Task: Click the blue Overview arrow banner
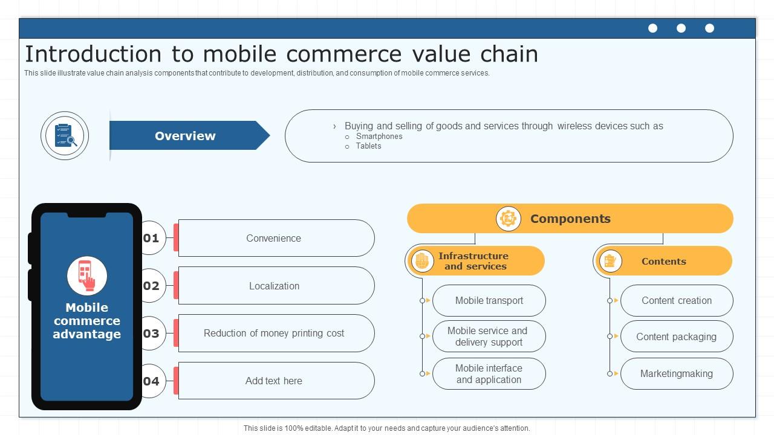(185, 136)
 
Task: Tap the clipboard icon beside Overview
(65, 136)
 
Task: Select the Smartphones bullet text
(379, 137)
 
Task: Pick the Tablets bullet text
(368, 146)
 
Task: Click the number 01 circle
(151, 238)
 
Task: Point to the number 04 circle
(151, 381)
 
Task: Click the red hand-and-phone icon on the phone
(87, 275)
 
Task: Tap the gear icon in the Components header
(508, 219)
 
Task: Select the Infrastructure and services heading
(473, 261)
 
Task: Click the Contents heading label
(663, 261)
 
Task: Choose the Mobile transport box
(489, 300)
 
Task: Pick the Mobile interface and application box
(489, 373)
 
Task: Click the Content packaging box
(677, 337)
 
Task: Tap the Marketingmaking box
(677, 373)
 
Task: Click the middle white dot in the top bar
(681, 28)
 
